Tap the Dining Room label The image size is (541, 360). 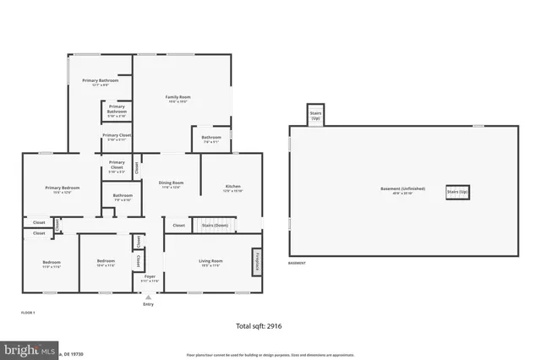(172, 183)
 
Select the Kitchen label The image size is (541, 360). (232, 188)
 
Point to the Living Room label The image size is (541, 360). (210, 263)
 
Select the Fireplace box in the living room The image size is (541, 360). (255, 261)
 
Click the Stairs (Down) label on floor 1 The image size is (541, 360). (214, 226)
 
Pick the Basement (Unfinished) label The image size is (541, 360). (402, 188)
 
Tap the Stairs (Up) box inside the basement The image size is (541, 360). (457, 192)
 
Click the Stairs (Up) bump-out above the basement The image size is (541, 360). (315, 116)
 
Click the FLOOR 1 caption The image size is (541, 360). (28, 313)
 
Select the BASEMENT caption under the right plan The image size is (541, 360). (297, 264)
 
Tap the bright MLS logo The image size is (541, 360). (29, 349)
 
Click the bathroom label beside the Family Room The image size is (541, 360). (211, 139)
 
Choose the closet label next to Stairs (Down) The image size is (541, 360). (179, 226)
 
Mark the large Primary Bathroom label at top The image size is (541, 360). (101, 82)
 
